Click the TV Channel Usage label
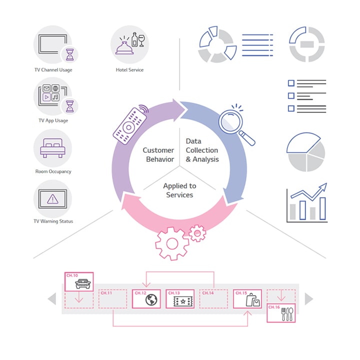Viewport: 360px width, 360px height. pos(52,70)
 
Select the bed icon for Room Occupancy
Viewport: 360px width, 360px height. pos(52,148)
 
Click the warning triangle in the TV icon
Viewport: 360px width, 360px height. pos(52,199)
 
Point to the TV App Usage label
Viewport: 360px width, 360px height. pos(53,120)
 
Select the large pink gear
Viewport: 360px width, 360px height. pos(171,243)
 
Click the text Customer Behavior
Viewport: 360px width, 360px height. pos(158,155)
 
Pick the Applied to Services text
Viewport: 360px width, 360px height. pos(179,190)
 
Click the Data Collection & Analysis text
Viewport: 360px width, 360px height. pos(202,150)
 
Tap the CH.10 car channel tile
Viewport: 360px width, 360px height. pos(79,282)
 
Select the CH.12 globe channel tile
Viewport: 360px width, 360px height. pos(146,299)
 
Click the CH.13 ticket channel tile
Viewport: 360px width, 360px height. pos(180,299)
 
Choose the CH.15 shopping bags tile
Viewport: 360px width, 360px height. pos(247,299)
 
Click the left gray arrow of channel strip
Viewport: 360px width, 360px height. pos(52,299)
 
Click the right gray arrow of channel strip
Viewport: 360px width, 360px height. pos(308,299)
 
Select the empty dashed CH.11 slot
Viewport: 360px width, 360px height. pos(112,299)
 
